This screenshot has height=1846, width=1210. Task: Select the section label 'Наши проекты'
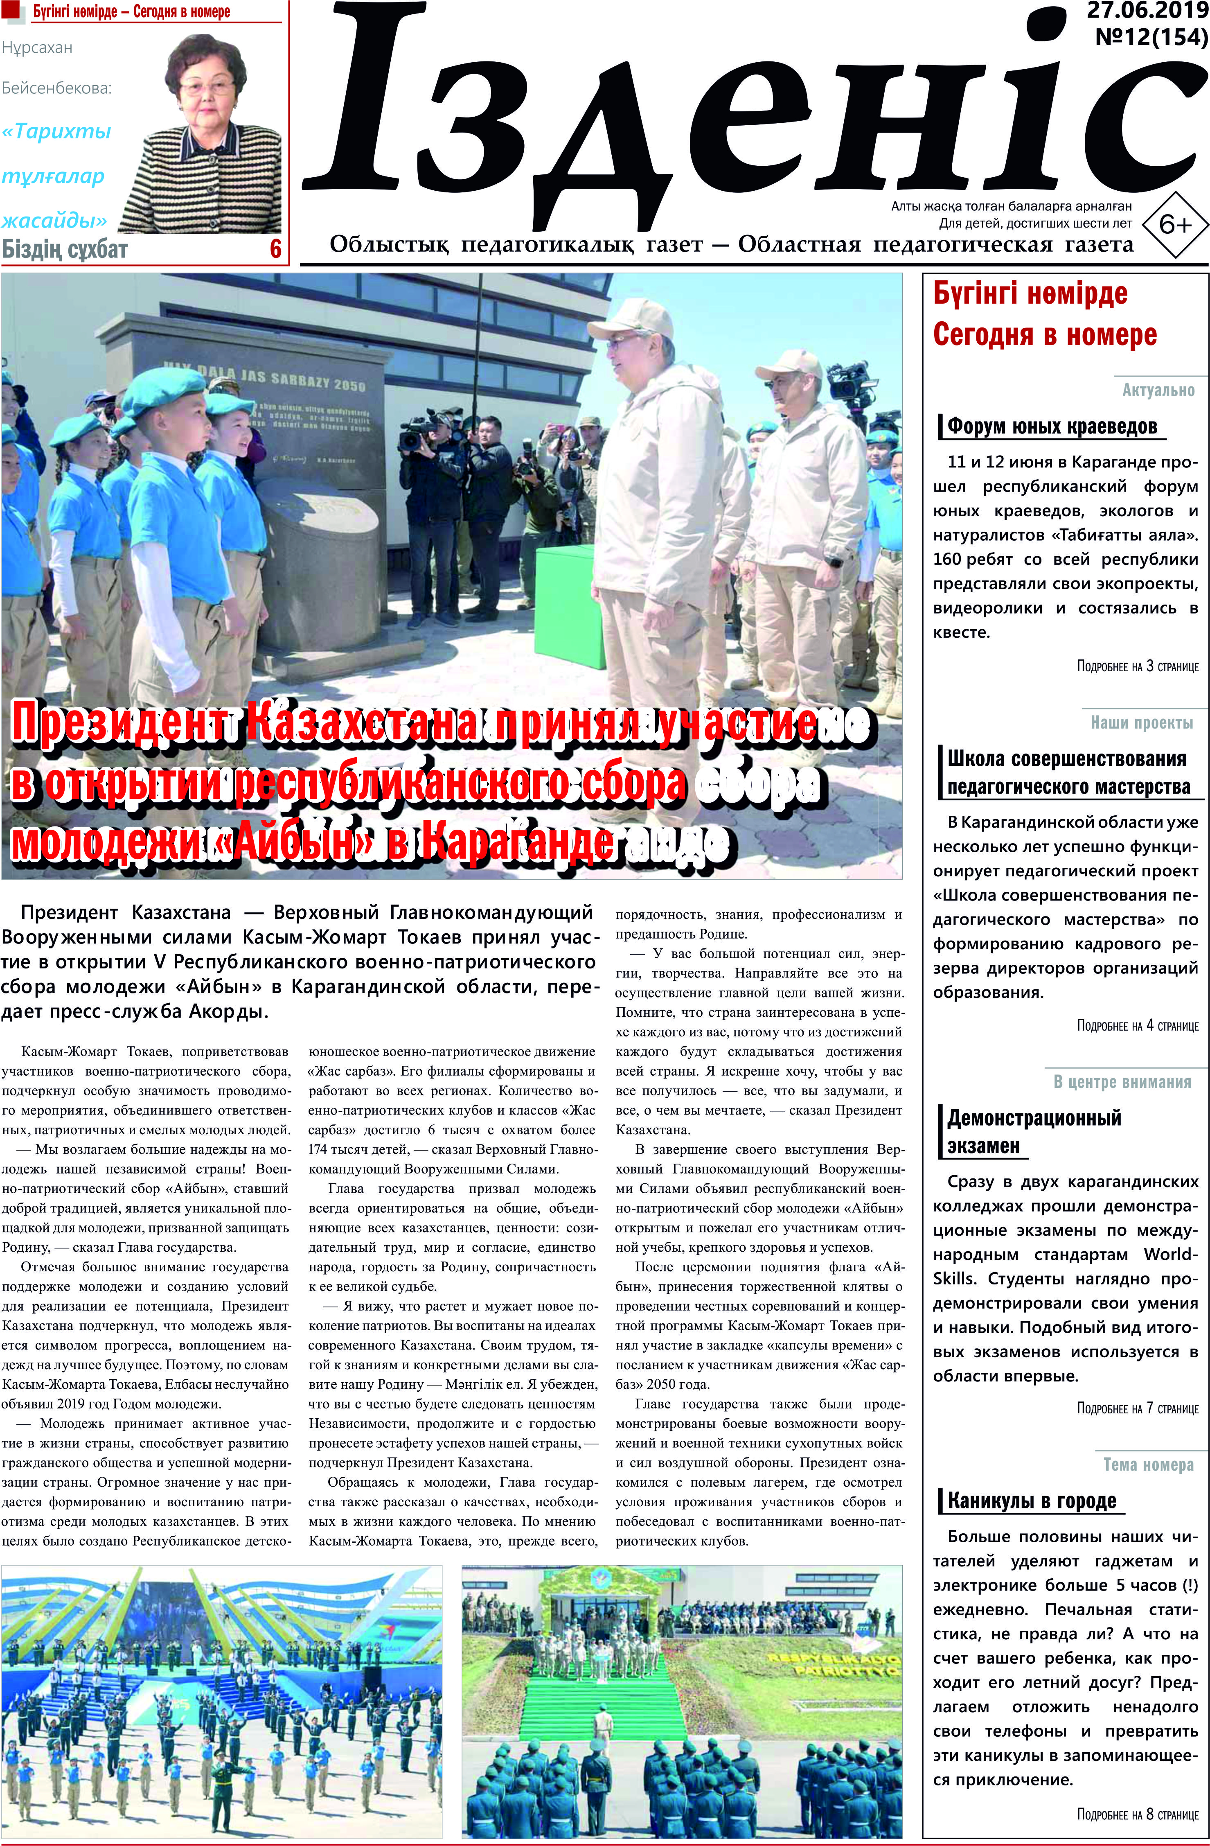[1142, 723]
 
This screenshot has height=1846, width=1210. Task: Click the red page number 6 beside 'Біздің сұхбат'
[275, 249]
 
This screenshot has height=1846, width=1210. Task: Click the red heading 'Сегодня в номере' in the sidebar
[1044, 334]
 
